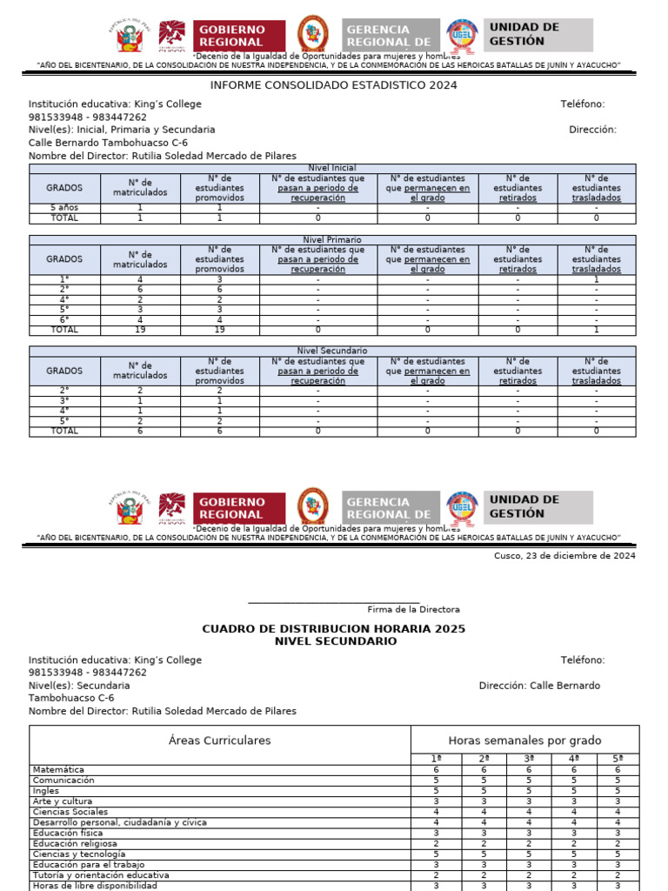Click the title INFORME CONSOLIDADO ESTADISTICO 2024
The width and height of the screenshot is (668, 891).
click(x=333, y=85)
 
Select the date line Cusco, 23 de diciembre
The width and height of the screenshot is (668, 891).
click(x=564, y=556)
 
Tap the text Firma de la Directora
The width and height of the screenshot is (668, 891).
click(x=413, y=609)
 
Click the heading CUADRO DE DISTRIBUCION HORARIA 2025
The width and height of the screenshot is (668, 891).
click(x=333, y=628)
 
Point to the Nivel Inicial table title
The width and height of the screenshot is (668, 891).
click(x=333, y=168)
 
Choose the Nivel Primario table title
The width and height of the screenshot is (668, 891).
click(x=333, y=239)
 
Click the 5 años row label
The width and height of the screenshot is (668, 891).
click(x=63, y=208)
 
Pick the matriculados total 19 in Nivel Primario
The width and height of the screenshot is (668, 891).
click(x=140, y=330)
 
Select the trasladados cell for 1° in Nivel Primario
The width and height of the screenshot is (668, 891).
click(x=596, y=279)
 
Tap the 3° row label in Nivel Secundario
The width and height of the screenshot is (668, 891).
click(x=63, y=401)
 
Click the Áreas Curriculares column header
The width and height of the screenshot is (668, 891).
click(x=219, y=740)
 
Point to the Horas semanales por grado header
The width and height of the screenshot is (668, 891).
click(x=524, y=740)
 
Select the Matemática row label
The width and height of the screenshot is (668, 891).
click(x=58, y=770)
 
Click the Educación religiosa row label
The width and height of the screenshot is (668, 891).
click(x=75, y=843)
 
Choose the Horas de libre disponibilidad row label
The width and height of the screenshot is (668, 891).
click(x=95, y=886)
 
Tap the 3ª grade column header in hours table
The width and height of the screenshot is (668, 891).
click(x=529, y=759)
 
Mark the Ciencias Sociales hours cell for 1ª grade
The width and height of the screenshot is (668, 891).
click(x=437, y=812)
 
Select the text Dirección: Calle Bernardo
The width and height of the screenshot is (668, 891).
click(x=539, y=686)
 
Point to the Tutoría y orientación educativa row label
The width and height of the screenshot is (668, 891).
click(x=101, y=875)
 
